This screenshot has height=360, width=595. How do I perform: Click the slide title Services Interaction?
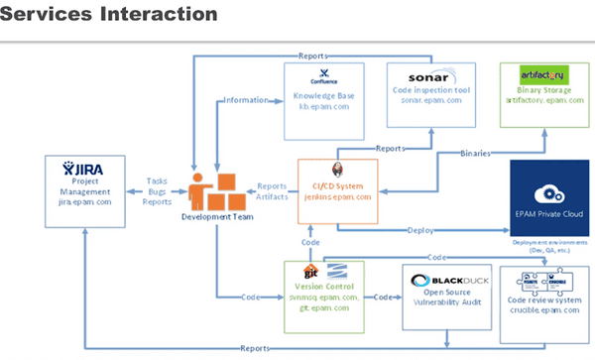click(x=109, y=14)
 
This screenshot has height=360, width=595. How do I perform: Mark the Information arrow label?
click(x=246, y=99)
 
